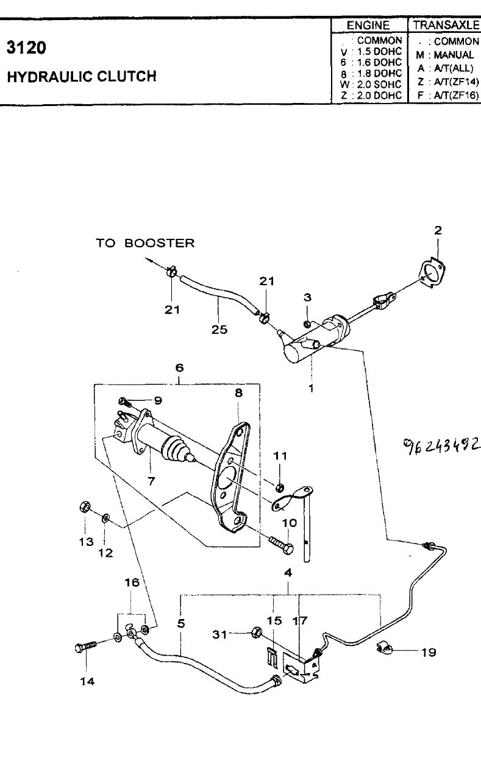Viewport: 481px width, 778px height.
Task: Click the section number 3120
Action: [x=26, y=48]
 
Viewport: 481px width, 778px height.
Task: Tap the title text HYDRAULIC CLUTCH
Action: [x=82, y=76]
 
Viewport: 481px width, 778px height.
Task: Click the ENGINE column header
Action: [x=368, y=25]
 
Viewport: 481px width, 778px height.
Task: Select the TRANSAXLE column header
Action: [x=446, y=25]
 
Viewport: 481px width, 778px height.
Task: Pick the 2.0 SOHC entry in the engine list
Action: [x=379, y=85]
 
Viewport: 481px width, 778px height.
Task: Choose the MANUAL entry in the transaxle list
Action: [x=454, y=55]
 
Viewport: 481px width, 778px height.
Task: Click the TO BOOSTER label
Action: [x=145, y=243]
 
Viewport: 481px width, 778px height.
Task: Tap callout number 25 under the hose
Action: [x=219, y=329]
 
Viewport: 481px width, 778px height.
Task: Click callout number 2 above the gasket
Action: [x=438, y=230]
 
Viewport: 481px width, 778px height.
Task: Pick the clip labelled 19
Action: [x=384, y=648]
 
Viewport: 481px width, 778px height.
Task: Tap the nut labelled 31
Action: [x=257, y=632]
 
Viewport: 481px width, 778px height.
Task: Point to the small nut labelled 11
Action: [x=279, y=488]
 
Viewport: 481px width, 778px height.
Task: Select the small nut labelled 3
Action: [x=307, y=324]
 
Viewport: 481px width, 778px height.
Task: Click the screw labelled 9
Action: [x=125, y=402]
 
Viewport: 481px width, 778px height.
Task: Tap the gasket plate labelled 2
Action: [x=432, y=274]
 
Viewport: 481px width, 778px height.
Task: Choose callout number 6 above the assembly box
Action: [x=179, y=367]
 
